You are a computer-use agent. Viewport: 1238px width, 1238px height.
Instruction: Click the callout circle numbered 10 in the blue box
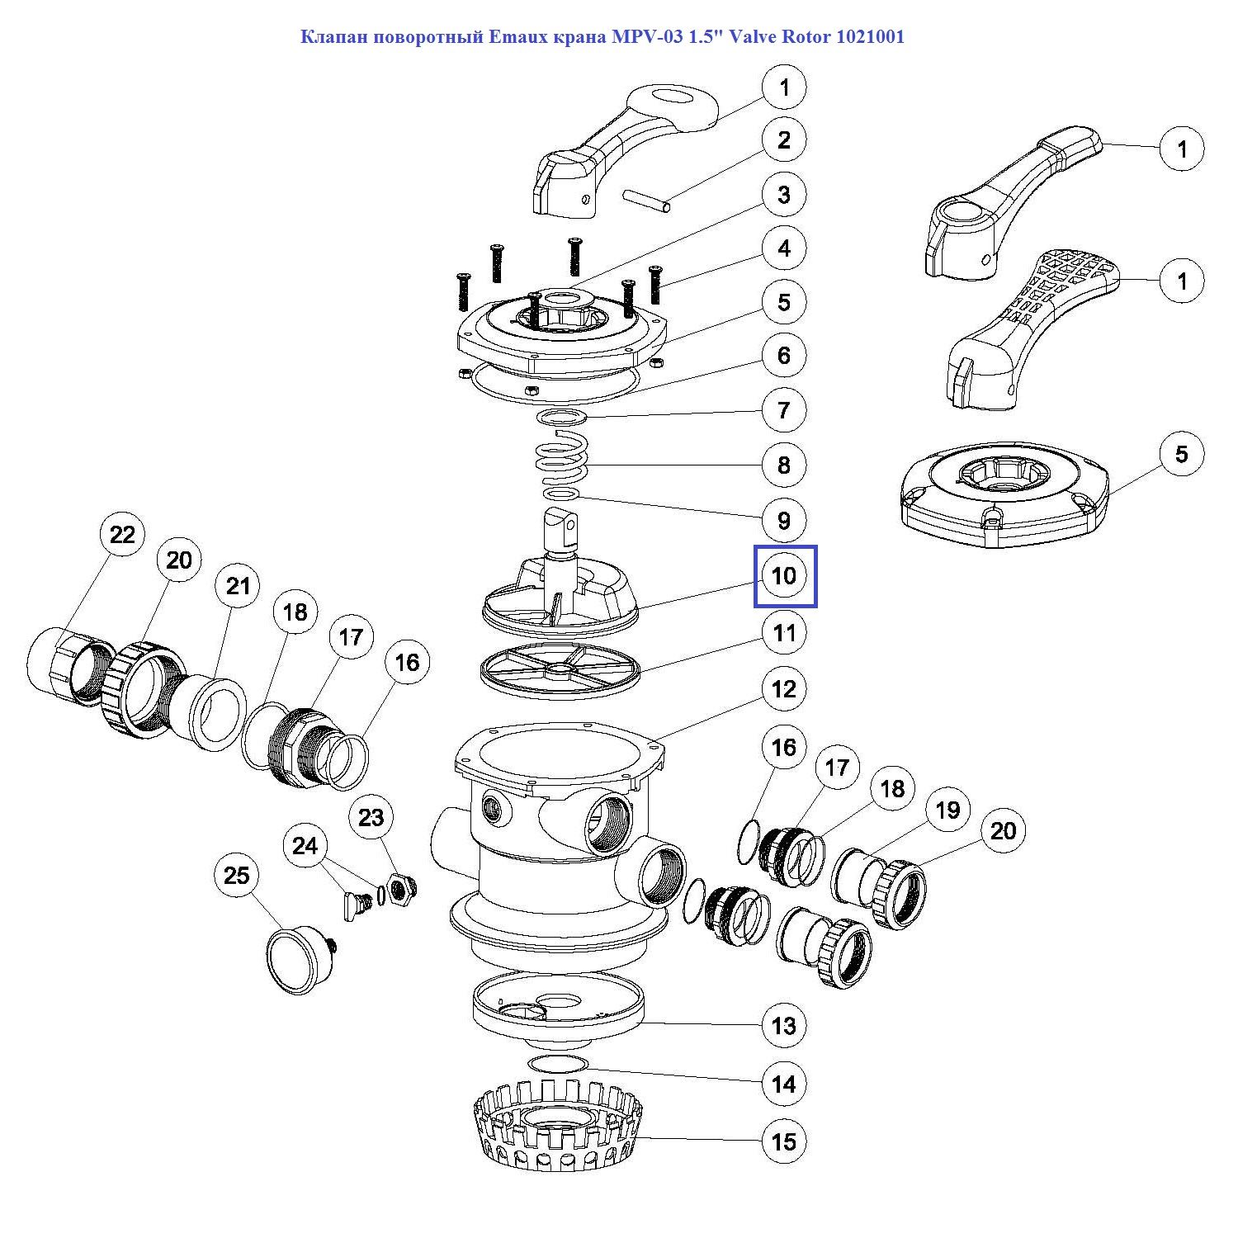[x=784, y=575]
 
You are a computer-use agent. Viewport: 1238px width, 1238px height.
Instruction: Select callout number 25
[x=237, y=875]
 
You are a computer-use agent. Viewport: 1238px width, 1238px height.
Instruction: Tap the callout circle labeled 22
[x=122, y=535]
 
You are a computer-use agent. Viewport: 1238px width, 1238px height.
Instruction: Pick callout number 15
[x=784, y=1141]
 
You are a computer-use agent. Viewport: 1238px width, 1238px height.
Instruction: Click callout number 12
[x=784, y=688]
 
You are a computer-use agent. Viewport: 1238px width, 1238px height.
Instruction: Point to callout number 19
[x=947, y=810]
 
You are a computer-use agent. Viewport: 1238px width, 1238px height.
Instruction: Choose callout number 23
[x=371, y=817]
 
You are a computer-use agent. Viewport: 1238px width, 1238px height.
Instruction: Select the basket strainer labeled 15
[x=559, y=1131]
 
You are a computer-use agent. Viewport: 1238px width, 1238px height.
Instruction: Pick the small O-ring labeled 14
[x=557, y=1063]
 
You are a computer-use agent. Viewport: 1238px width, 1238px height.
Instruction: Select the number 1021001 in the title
[x=870, y=37]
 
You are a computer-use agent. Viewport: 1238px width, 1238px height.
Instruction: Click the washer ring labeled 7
[x=562, y=417]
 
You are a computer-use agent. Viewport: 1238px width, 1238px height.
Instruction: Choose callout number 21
[x=238, y=586]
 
